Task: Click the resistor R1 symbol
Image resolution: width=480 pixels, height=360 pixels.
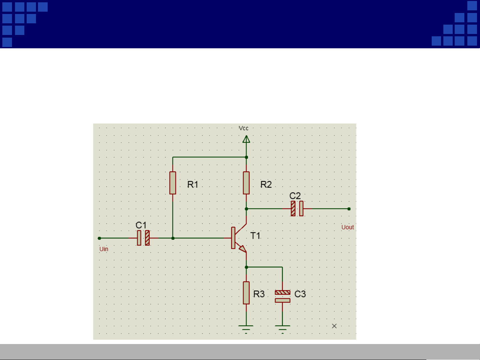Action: (173, 183)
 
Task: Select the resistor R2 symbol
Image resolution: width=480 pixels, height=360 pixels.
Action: (246, 183)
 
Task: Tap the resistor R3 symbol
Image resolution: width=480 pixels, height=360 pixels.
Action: (246, 293)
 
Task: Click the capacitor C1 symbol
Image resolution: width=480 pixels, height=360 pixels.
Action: (143, 238)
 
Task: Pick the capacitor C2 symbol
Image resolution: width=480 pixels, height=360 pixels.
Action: (297, 208)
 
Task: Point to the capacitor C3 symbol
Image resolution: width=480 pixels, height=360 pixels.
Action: (282, 296)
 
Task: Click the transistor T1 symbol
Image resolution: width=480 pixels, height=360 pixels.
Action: (238, 238)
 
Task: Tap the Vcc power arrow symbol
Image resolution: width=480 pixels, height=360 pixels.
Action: (246, 139)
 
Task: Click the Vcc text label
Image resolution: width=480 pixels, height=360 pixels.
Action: (243, 128)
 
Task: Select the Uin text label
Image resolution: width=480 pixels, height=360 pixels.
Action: (104, 249)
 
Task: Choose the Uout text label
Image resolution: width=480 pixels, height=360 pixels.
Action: (347, 227)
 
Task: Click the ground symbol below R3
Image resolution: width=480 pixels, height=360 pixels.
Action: (246, 327)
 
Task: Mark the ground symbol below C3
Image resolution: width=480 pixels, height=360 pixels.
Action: (282, 327)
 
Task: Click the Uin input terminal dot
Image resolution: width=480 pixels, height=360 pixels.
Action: (99, 238)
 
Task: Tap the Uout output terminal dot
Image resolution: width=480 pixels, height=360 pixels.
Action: (349, 209)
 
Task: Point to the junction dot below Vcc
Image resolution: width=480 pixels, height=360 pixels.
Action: (246, 157)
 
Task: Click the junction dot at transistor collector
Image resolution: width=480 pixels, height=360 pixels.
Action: (246, 209)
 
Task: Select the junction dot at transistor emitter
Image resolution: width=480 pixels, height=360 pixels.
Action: (246, 267)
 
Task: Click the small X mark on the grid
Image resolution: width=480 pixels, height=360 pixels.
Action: (334, 326)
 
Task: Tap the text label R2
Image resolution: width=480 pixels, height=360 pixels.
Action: (266, 184)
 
